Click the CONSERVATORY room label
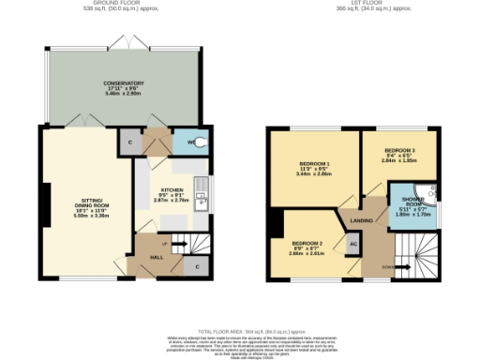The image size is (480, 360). [x=124, y=82]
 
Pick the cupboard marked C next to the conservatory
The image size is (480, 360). [x=130, y=142]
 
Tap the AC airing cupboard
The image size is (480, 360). [x=353, y=245]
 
